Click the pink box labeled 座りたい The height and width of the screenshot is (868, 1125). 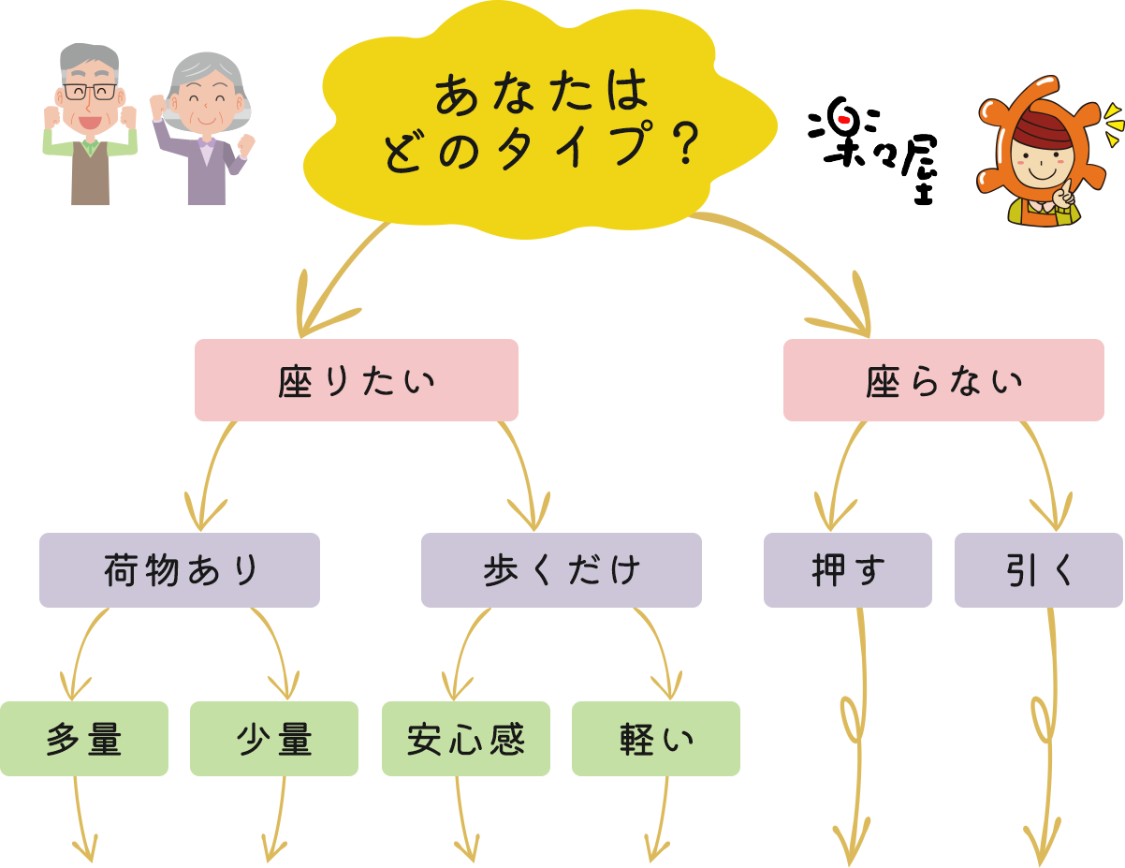(x=356, y=380)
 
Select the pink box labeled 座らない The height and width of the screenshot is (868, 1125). (x=943, y=380)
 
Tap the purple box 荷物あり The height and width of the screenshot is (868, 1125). (x=180, y=570)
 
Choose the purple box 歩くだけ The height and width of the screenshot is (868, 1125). (x=561, y=570)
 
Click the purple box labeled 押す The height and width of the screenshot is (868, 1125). (x=847, y=570)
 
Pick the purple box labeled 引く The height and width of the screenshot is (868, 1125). (x=1039, y=570)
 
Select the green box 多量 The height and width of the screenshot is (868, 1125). (x=84, y=739)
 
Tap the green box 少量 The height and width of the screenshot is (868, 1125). (x=274, y=739)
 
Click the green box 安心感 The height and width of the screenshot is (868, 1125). (x=465, y=739)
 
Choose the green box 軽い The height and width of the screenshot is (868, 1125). (x=655, y=739)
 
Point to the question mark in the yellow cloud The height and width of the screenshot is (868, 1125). (x=689, y=146)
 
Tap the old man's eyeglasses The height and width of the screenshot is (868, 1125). (x=91, y=92)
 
